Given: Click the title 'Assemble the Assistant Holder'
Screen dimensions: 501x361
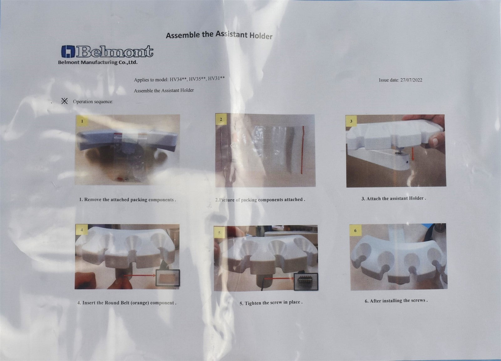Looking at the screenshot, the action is coord(219,35).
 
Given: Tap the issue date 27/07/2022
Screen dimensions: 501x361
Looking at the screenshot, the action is coord(411,80).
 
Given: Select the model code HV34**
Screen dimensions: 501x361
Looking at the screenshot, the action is coord(178,80).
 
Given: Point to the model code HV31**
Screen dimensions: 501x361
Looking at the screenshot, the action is coord(216,78).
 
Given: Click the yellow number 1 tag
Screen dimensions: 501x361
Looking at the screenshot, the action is coord(82,121).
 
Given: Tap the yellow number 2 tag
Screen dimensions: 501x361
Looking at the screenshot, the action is coord(221,119).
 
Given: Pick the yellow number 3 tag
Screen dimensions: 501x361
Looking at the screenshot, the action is coord(351,121).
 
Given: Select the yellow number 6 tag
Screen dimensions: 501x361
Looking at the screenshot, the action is coord(355,230).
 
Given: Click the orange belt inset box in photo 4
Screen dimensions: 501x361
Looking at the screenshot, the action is coord(168,278).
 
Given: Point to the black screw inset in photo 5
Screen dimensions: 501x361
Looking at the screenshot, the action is coord(306,282).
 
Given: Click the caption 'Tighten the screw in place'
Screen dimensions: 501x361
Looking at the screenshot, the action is coord(271,303).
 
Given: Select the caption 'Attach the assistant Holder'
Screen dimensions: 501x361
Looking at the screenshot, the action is coord(394,199).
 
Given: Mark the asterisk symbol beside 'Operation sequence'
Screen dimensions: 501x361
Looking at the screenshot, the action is coord(65,101).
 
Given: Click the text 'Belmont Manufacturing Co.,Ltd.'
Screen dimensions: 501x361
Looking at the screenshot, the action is coord(98,62).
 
